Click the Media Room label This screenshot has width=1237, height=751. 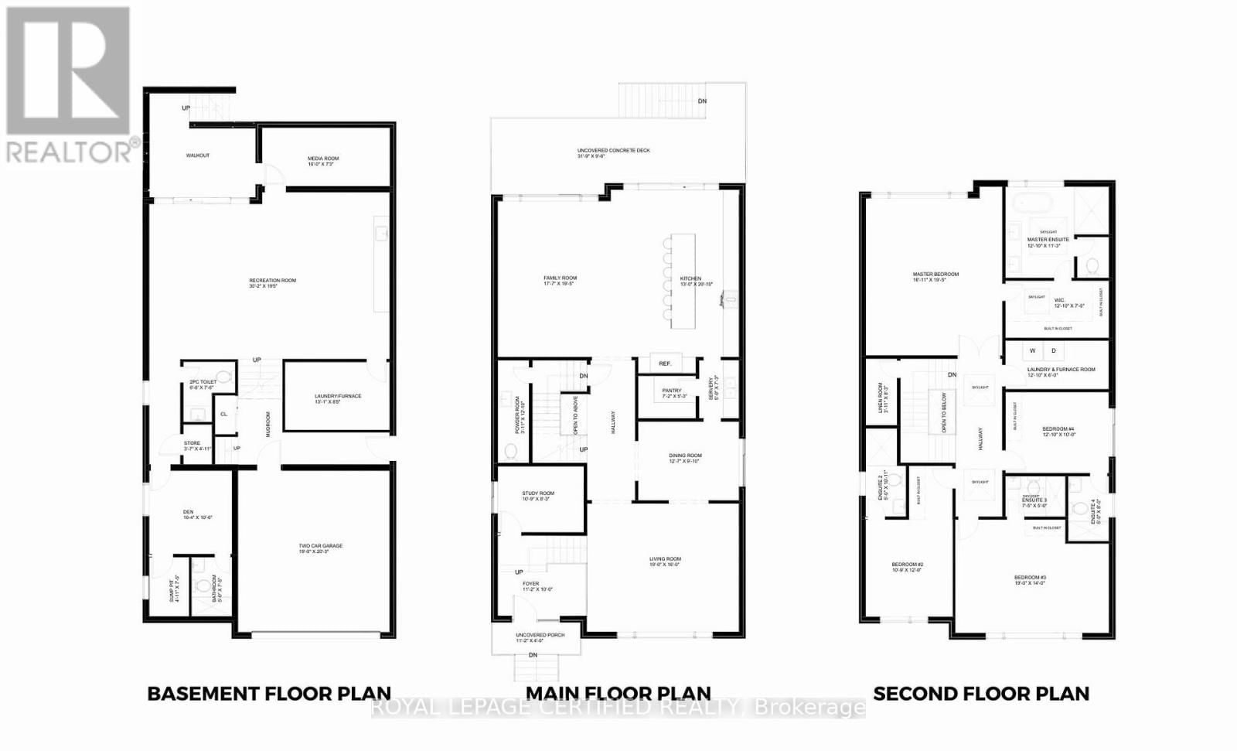[x=323, y=159]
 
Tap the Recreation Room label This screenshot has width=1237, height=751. [x=272, y=281]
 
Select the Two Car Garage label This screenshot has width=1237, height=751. [x=320, y=546]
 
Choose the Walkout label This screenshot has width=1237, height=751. [x=197, y=155]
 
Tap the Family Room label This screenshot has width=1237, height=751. [x=560, y=278]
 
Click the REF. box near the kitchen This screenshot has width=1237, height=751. [x=665, y=364]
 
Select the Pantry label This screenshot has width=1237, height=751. [x=672, y=391]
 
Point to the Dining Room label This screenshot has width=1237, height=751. [x=685, y=456]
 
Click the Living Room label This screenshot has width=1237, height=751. [x=664, y=559]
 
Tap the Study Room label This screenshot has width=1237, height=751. [x=537, y=493]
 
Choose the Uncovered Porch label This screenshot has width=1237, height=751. [x=540, y=635]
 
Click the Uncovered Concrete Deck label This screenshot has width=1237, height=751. [x=613, y=151]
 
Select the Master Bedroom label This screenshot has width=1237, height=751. [x=935, y=275]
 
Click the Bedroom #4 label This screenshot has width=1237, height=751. [x=1058, y=429]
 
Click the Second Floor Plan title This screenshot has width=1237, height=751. [x=980, y=694]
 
